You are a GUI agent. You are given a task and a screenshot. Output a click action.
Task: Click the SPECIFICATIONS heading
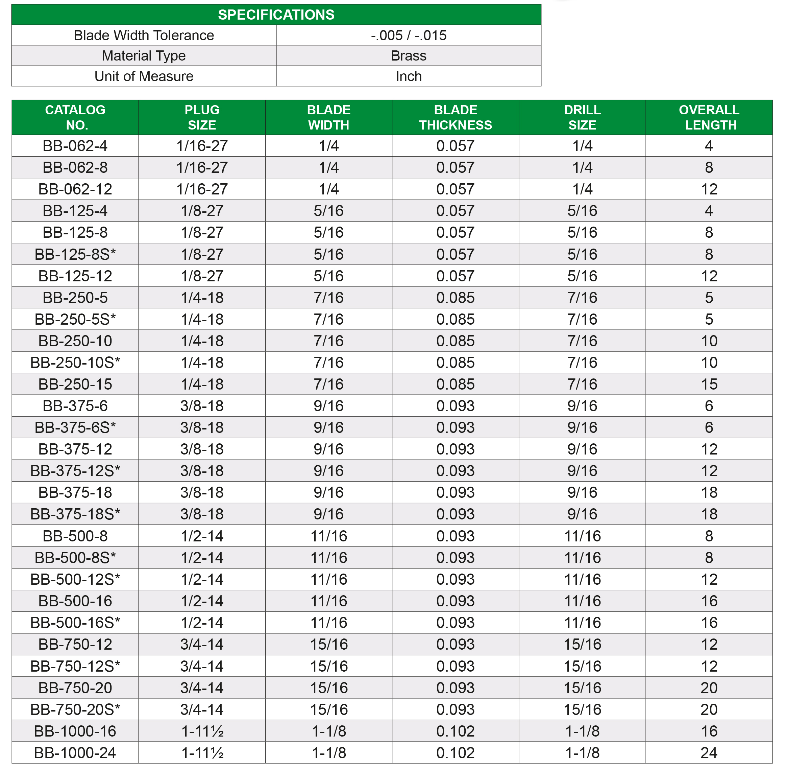click(x=276, y=15)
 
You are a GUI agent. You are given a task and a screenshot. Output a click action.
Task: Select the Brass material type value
click(x=408, y=56)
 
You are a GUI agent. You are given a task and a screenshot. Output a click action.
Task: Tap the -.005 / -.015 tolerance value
click(x=408, y=36)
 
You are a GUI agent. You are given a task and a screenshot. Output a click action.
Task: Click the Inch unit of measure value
click(x=408, y=76)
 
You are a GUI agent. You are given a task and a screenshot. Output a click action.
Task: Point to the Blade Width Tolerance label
click(x=144, y=36)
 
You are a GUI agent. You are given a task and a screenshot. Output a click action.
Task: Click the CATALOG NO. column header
click(x=75, y=117)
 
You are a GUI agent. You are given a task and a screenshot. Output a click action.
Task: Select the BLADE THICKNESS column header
click(x=456, y=117)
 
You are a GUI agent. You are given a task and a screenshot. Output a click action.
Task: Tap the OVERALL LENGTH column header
click(x=709, y=117)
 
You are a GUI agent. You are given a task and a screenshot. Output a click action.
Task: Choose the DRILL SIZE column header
click(x=582, y=117)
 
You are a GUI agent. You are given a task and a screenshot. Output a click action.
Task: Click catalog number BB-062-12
click(x=75, y=189)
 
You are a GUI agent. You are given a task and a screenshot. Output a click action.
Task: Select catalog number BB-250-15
click(x=75, y=385)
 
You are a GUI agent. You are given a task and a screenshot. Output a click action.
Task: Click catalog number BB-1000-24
click(x=75, y=753)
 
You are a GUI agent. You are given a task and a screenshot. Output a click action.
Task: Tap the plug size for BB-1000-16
click(x=202, y=731)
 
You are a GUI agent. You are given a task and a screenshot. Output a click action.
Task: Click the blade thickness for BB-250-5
click(x=456, y=298)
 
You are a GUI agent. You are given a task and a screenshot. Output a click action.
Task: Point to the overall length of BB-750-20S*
click(x=709, y=709)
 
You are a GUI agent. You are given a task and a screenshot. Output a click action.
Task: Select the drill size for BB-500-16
click(x=582, y=601)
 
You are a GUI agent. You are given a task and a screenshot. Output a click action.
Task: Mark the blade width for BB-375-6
click(x=328, y=406)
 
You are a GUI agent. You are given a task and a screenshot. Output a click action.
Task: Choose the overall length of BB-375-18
click(x=709, y=492)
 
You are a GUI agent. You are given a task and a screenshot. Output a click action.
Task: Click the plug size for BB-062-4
click(x=202, y=146)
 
